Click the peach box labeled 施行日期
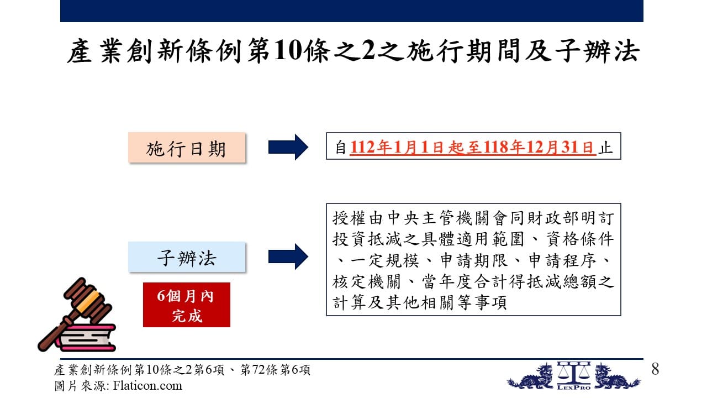coord(187,148)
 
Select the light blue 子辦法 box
coord(187,257)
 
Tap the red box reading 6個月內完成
coord(187,305)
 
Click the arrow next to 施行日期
coord(288,147)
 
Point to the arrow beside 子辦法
coord(288,256)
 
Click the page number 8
coord(655,369)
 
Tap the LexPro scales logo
coord(573,375)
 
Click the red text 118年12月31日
coord(538,147)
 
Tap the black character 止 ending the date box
coord(606,148)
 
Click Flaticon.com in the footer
coord(147,386)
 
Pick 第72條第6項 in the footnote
coord(275,370)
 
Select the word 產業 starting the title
coord(94,50)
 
